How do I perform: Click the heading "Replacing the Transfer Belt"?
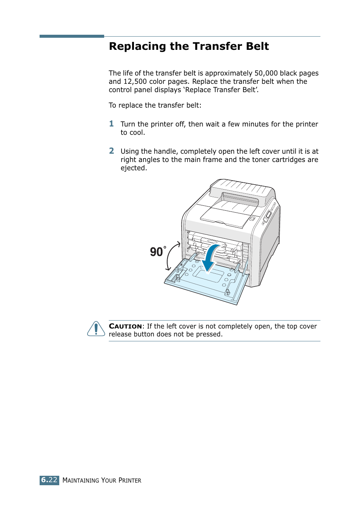(189, 46)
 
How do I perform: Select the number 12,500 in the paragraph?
(135, 82)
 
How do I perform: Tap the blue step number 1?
(111, 124)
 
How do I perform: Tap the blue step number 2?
(111, 151)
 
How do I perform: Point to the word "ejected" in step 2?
(133, 168)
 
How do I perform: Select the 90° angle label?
(158, 252)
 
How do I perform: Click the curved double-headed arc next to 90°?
(172, 256)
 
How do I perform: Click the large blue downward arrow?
(210, 258)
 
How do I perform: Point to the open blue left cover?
(206, 283)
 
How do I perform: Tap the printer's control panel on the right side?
(269, 214)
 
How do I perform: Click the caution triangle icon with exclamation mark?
(96, 329)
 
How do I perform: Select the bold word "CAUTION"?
(125, 326)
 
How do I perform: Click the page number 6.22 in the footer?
(49, 480)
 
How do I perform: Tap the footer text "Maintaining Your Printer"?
(102, 480)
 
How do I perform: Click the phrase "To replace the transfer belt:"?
(155, 105)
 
